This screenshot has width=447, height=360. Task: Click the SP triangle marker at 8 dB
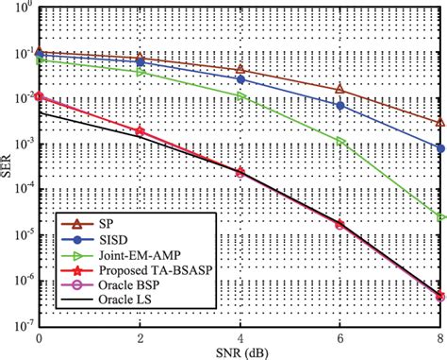(440, 123)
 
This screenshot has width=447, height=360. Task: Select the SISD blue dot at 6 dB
(340, 105)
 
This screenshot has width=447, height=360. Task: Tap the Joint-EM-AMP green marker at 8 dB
(440, 216)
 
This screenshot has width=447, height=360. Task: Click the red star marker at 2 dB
(140, 130)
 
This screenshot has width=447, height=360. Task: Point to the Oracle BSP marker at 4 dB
(240, 173)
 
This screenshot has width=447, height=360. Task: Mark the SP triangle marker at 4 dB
(240, 70)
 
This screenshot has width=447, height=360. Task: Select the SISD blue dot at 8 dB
(440, 148)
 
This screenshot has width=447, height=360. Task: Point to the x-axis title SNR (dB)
(240, 351)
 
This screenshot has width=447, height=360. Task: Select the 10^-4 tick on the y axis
(22, 188)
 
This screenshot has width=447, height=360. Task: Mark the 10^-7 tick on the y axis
(22, 323)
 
